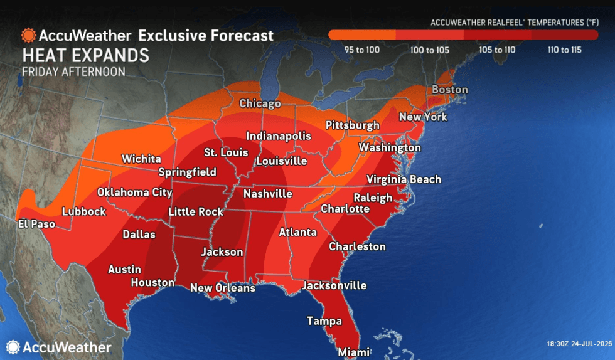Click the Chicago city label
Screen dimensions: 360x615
259,103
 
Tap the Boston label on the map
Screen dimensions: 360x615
449,90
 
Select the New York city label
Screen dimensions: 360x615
423,117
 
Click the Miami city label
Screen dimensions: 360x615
353,352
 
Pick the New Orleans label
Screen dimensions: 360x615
222,288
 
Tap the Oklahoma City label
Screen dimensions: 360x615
134,193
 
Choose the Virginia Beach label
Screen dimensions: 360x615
404,179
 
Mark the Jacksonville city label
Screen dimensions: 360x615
334,285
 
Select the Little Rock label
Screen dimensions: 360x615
196,212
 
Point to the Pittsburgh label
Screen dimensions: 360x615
352,125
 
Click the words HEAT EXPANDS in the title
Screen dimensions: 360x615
85,55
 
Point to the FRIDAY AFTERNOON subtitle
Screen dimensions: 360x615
73,71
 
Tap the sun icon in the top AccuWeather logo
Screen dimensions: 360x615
28,35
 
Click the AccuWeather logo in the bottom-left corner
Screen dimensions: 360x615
58,347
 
